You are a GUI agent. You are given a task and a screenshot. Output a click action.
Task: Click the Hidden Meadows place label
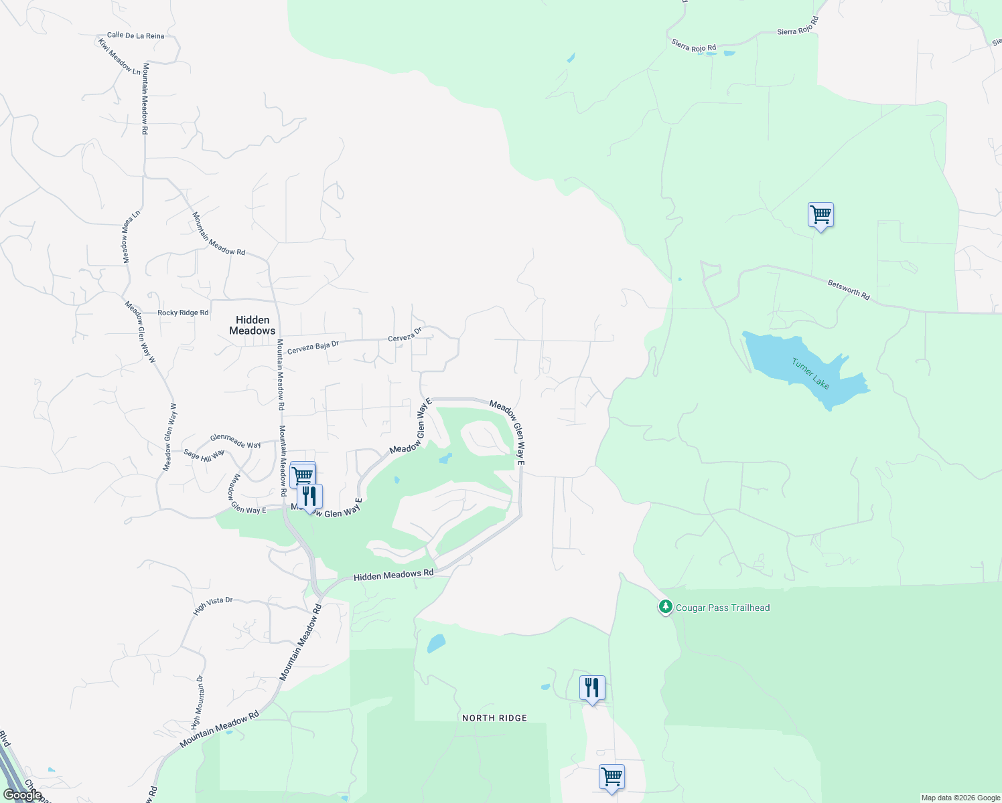[x=253, y=325]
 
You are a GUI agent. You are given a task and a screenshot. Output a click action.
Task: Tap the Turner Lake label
[x=810, y=373]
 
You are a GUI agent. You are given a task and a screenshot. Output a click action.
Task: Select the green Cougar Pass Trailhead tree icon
[x=665, y=607]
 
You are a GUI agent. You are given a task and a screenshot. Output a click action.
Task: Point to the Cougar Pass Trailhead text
[x=723, y=608]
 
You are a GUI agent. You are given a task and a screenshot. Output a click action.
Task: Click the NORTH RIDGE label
[x=494, y=718]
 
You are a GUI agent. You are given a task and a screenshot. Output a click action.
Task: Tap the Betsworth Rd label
[x=849, y=290]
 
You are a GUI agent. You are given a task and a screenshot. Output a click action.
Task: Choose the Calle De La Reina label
[x=135, y=35]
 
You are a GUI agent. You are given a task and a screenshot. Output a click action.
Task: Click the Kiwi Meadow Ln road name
[x=120, y=56]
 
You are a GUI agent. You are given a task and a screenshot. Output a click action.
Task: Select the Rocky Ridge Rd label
[x=183, y=313]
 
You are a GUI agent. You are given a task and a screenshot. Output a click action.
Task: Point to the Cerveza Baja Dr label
[x=313, y=347]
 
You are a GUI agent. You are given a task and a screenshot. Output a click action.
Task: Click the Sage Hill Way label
[x=204, y=456]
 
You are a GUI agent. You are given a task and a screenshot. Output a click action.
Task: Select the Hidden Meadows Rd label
[x=393, y=575]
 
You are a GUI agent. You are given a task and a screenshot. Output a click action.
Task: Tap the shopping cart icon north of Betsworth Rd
[x=820, y=215]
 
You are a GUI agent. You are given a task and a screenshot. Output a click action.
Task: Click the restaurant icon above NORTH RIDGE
[x=592, y=688]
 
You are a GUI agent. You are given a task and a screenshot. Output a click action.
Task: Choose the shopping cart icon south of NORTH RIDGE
[x=612, y=778]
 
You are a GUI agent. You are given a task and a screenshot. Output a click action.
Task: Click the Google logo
[x=22, y=794]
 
